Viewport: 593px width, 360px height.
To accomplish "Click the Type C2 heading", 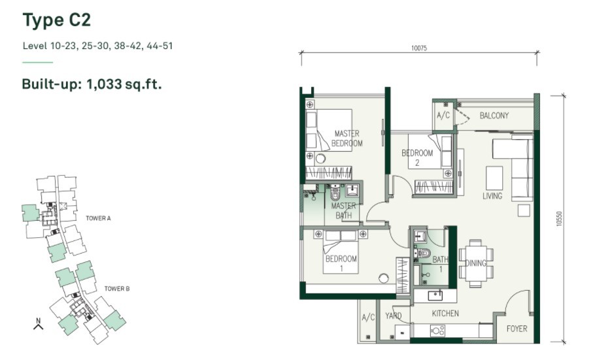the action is coord(57,20).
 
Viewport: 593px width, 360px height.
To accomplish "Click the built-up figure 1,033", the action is coord(104,84).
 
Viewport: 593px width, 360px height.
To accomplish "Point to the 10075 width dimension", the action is coord(419,48).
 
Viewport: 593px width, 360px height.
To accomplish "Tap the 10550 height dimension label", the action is coord(560,219).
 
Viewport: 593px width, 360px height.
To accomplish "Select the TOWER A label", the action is coord(98,218).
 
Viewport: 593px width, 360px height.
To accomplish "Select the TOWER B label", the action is coord(117,289).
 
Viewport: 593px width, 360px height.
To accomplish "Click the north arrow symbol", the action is coord(38,324).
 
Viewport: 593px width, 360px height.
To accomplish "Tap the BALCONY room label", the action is coord(494,116).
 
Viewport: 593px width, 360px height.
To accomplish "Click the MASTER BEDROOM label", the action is coord(347,139).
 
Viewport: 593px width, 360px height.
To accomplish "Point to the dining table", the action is coord(476,263).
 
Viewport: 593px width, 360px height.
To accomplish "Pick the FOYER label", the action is coord(517,329).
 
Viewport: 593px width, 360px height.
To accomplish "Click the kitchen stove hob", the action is coord(437,331).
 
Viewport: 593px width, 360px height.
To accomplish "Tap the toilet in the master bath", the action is coord(335,193).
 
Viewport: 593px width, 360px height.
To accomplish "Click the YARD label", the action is coord(394,316).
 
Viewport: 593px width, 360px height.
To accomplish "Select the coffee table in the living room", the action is coord(494,178).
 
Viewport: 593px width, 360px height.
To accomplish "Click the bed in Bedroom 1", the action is coord(341,252).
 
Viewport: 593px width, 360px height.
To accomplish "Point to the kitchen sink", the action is coord(435,295).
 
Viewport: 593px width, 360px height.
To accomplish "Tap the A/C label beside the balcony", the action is coord(443,115).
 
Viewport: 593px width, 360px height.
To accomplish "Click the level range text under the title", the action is coord(97,46).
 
